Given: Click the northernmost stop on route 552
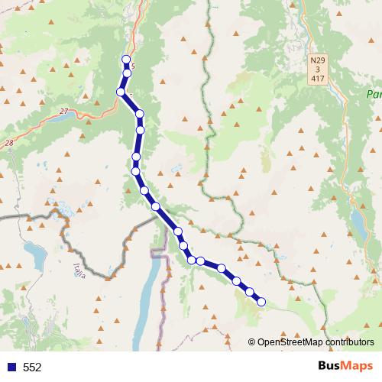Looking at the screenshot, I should [126, 60].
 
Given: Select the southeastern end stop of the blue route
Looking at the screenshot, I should [261, 302].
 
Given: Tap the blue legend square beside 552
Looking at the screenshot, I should [10, 367].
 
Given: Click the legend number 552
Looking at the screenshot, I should [32, 367].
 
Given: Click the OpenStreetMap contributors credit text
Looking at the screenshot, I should [316, 342].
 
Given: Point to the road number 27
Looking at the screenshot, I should [63, 112].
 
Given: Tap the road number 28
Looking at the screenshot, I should [8, 143].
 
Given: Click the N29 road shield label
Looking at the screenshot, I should [318, 60].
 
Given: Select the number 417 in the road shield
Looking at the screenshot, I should [318, 78].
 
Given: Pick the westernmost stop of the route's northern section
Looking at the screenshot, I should [121, 92].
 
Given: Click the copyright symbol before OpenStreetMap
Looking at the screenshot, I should [251, 342].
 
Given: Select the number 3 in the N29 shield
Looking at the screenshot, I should [318, 69].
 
